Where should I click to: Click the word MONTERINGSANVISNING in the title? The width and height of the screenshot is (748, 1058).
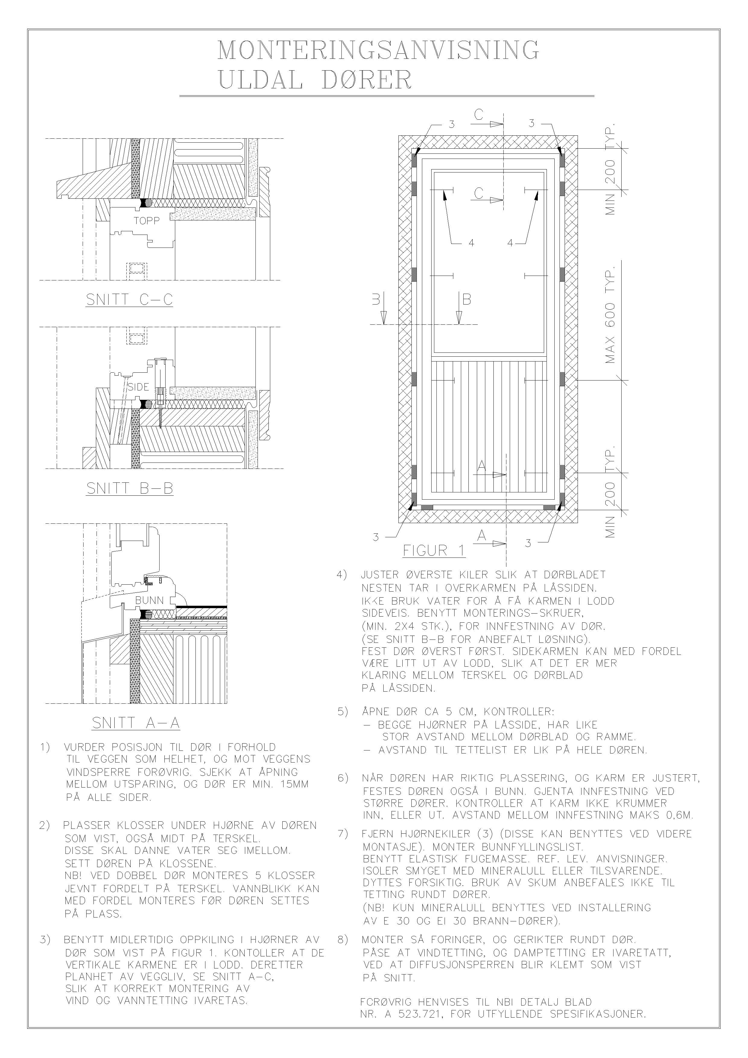point(378,51)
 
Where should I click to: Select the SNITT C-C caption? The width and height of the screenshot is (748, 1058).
point(129,300)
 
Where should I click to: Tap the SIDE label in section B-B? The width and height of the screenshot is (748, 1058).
point(138,387)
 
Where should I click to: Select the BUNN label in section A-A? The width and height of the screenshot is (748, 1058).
point(149,600)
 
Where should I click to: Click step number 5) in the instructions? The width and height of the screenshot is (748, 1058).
point(342,712)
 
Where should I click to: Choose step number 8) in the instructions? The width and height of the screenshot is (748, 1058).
point(342,939)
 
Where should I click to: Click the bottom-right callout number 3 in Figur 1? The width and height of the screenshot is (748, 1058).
point(528,543)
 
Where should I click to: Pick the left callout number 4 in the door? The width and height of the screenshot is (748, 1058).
point(471,243)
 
